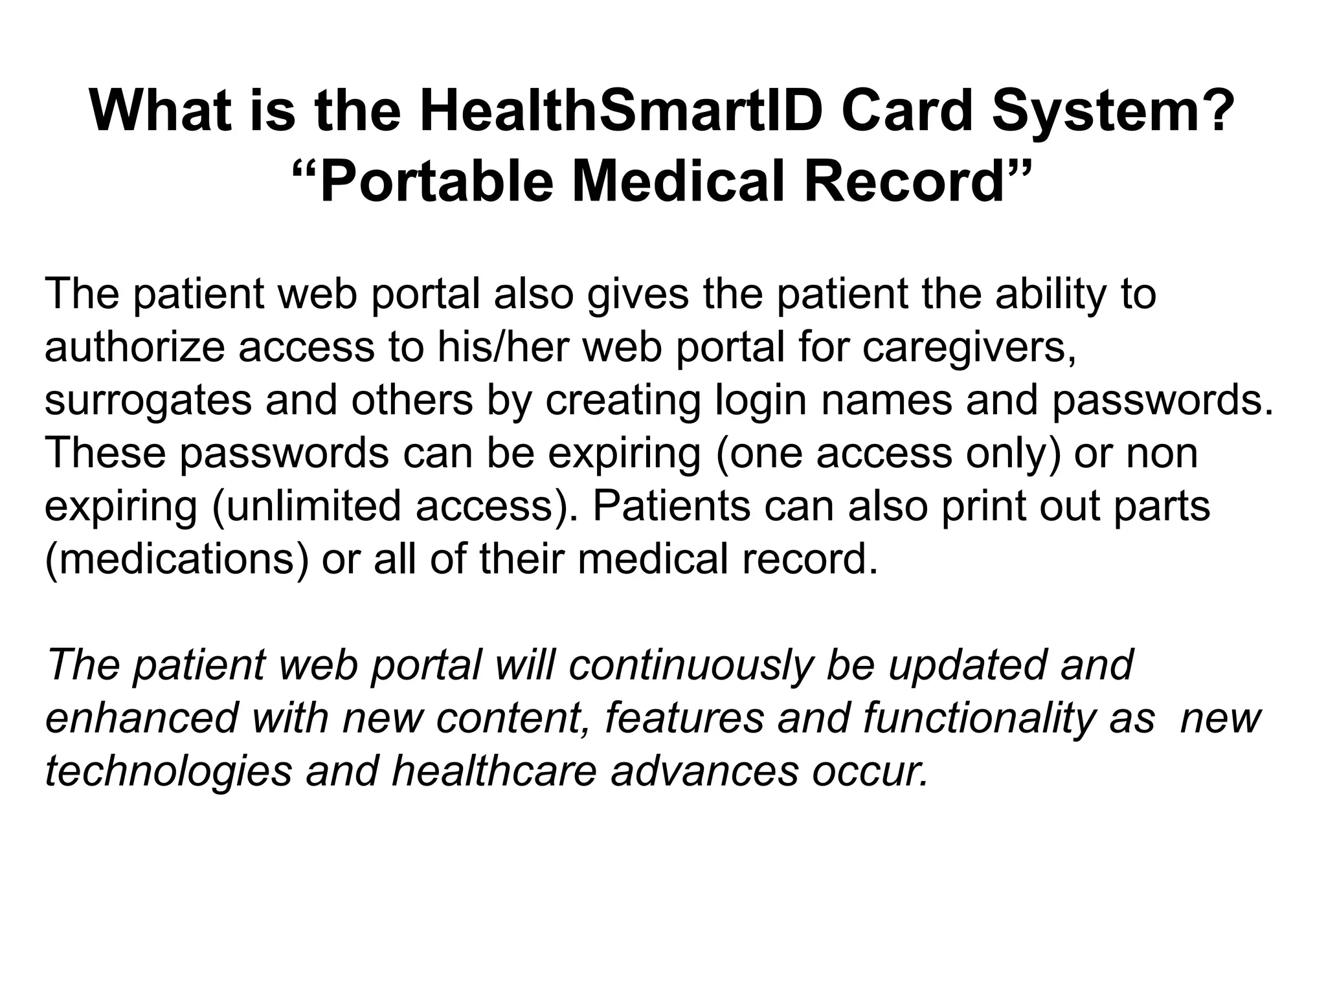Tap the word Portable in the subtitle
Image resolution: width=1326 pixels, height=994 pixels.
tap(436, 182)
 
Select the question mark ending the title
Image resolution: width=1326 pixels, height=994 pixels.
tap(1217, 111)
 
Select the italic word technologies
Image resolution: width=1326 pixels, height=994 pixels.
tap(168, 772)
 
